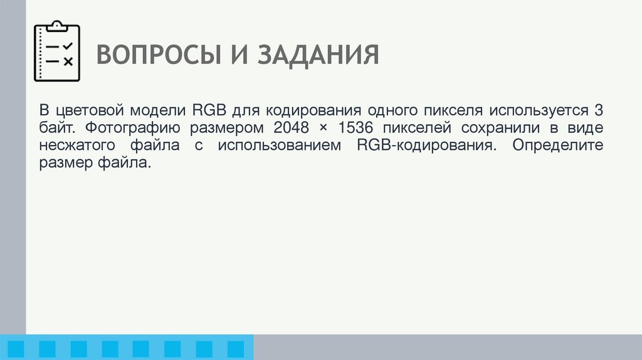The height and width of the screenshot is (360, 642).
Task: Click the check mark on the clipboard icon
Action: coord(68,46)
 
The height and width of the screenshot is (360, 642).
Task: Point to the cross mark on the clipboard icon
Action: coord(68,61)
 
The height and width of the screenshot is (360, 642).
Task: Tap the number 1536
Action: coord(350,129)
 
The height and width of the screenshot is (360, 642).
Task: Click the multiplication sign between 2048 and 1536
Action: coord(320,129)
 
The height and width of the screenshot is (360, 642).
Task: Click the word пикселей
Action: coord(415,129)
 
